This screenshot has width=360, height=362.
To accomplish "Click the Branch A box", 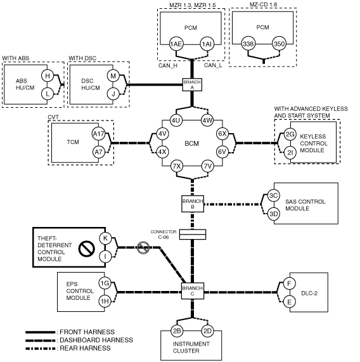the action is [x=192, y=84].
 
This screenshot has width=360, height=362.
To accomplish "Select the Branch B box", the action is [x=193, y=204].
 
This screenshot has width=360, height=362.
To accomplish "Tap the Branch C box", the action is [x=193, y=291].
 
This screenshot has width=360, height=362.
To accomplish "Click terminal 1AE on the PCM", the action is [x=176, y=44].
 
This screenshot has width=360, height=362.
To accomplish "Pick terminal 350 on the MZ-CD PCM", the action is [x=279, y=44].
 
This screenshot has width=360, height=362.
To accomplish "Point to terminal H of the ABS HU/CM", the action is [x=48, y=75].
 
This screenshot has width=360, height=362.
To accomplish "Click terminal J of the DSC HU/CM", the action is [x=113, y=94].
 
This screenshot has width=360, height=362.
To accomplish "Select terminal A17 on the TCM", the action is [x=98, y=134].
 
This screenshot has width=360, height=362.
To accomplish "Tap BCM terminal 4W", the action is [x=207, y=120].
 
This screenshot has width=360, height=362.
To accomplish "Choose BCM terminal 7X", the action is [x=177, y=166].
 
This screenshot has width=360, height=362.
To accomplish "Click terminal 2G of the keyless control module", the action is [x=290, y=134].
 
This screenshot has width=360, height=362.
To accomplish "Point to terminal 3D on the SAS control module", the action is [x=274, y=214].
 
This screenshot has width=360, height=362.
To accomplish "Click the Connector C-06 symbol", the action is [x=193, y=235].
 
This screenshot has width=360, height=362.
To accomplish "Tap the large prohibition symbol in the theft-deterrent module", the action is [x=87, y=249].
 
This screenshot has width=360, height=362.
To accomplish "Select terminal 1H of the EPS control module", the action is [x=105, y=301].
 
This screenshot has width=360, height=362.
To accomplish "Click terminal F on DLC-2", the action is [x=289, y=283].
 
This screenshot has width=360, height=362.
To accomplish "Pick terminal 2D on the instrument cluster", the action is [x=207, y=331].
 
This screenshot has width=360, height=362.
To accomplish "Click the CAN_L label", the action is [x=213, y=65].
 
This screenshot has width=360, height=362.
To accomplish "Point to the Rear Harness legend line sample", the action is [x=41, y=348].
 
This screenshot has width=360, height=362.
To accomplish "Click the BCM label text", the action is [x=192, y=143].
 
